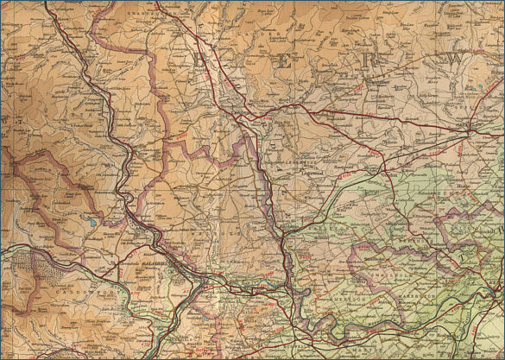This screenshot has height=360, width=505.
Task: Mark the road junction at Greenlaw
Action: click(466, 129)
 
